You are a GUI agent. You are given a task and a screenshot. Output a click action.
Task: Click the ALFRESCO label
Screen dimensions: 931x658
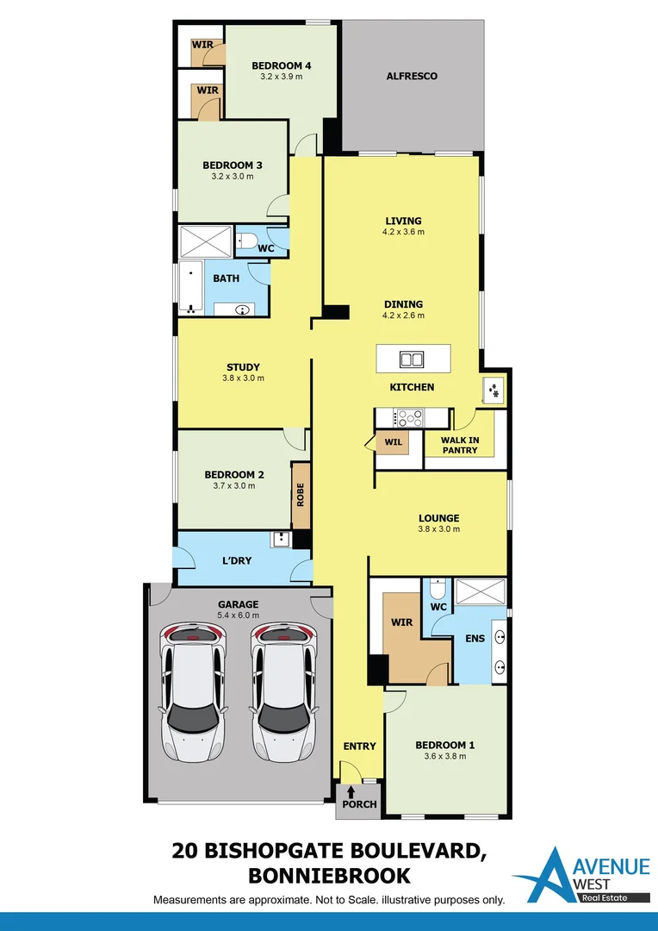click(412, 76)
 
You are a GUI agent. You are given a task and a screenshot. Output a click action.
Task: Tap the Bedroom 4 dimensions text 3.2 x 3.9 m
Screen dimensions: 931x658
click(281, 77)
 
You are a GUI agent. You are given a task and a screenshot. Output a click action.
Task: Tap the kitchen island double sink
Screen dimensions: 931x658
click(413, 359)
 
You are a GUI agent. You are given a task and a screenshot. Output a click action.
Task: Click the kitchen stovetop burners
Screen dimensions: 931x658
click(410, 418)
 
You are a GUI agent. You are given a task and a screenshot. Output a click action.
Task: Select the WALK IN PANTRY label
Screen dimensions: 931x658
click(460, 445)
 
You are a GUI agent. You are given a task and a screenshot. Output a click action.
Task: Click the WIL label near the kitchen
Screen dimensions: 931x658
click(393, 442)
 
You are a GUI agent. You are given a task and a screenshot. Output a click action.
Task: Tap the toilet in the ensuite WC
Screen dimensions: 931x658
click(438, 590)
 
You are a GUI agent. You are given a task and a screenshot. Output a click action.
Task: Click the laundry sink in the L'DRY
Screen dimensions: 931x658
click(281, 540)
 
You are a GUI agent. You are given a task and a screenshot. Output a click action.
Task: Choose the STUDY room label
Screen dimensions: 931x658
click(243, 367)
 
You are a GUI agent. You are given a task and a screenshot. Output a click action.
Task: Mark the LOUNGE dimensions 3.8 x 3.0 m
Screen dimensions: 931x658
click(439, 529)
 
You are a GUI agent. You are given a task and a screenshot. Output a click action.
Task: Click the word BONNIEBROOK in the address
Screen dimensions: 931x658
click(328, 876)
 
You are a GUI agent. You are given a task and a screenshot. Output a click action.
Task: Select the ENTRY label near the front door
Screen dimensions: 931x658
click(359, 746)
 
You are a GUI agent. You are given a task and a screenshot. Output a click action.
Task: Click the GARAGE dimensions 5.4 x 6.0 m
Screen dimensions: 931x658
click(239, 615)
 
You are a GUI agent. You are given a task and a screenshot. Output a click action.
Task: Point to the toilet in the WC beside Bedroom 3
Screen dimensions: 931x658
click(248, 242)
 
